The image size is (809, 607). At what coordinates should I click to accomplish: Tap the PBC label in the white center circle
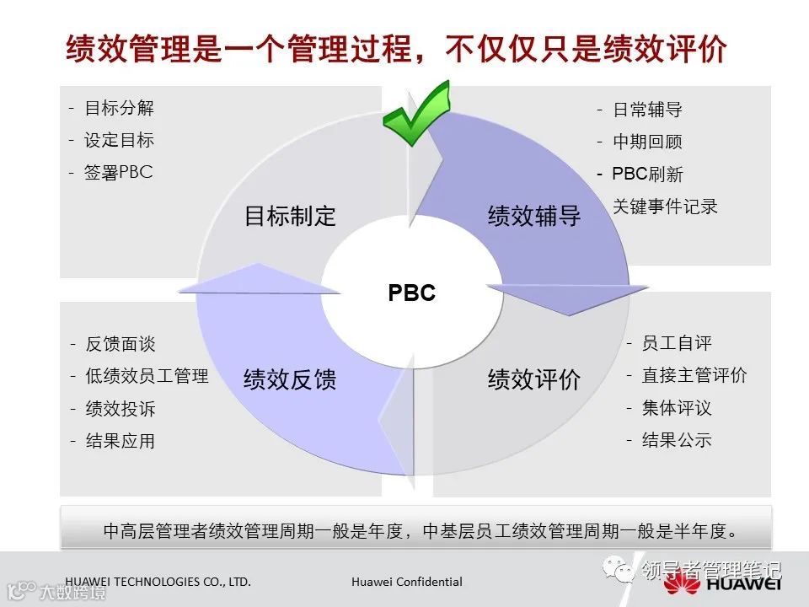click(412, 293)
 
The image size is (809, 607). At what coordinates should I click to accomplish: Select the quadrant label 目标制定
click(290, 216)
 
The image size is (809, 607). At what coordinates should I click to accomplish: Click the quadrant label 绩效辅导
click(534, 216)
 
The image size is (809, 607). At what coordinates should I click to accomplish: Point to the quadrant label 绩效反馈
click(290, 379)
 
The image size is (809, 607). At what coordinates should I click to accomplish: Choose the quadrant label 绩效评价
click(534, 379)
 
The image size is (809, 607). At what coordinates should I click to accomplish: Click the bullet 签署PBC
click(118, 172)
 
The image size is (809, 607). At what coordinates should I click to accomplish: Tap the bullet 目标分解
click(119, 108)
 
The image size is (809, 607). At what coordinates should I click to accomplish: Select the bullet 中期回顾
click(647, 142)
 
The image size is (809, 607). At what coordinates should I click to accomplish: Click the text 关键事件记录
click(665, 206)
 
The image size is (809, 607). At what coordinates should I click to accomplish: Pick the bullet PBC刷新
click(647, 175)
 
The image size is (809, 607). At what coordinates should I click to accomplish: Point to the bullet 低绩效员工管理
click(147, 376)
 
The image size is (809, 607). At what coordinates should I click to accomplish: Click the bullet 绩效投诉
click(121, 409)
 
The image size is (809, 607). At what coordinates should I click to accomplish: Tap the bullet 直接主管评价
click(694, 375)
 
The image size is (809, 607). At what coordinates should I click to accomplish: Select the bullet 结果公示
click(677, 439)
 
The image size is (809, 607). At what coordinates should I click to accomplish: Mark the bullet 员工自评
click(677, 343)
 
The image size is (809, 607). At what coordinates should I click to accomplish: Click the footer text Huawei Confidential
click(407, 582)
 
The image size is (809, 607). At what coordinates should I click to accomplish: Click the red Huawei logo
click(721, 583)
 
